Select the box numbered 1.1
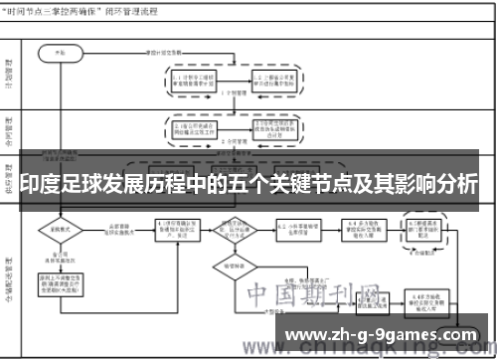(194, 79)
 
